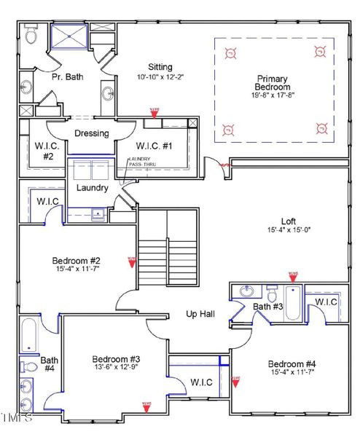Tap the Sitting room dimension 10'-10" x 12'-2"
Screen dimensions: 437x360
(x=160, y=76)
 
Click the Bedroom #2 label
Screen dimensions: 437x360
(x=76, y=261)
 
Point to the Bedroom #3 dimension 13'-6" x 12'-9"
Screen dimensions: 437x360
(x=116, y=369)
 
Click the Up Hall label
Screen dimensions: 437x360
(x=200, y=313)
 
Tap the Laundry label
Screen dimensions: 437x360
(x=93, y=188)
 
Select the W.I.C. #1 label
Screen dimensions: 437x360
(x=154, y=146)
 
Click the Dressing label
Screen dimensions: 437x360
(x=92, y=133)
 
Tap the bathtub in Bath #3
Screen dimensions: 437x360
(x=292, y=304)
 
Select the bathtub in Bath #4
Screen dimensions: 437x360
(x=28, y=334)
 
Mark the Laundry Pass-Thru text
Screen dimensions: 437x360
(x=141, y=162)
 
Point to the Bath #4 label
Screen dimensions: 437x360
(x=50, y=364)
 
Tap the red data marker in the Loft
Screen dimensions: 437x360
(x=293, y=276)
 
